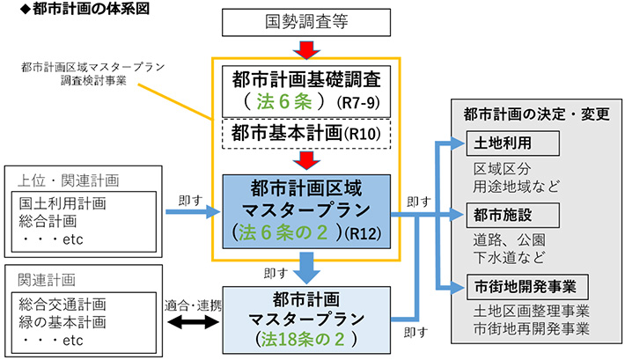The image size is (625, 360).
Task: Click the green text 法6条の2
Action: [x=286, y=233]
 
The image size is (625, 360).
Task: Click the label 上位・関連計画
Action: [x=68, y=181]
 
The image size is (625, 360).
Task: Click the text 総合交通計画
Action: [x=62, y=304]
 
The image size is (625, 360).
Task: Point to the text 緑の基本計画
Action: [x=62, y=320]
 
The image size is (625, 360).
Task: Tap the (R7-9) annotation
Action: [x=361, y=102]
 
